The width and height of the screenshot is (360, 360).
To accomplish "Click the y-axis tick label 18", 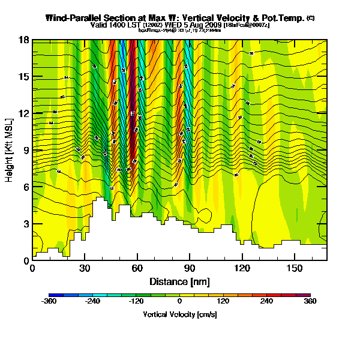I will pyautogui.click(x=24, y=40).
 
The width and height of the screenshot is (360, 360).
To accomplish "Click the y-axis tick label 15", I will pyautogui.click(x=24, y=77).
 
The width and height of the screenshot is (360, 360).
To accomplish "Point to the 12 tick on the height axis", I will pyautogui.click(x=24, y=113).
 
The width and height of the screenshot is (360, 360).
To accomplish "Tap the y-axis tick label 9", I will pyautogui.click(x=26, y=151).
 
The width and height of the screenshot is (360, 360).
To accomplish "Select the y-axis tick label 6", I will pyautogui.click(x=26, y=187).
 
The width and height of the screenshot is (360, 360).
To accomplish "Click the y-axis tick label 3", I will pyautogui.click(x=26, y=224).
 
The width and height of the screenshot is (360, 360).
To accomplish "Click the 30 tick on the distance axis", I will pyautogui.click(x=85, y=268).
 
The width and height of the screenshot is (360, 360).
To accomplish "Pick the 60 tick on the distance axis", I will pyautogui.click(x=137, y=268).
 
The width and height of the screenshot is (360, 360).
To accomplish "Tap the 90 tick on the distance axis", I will pyautogui.click(x=190, y=268).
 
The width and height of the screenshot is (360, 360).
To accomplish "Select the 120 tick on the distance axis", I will pyautogui.click(x=242, y=268).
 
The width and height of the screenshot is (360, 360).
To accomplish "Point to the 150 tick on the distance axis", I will pyautogui.click(x=295, y=268).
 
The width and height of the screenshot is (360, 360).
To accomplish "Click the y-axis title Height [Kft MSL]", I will pyautogui.click(x=10, y=150).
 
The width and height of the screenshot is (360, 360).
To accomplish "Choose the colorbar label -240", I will pyautogui.click(x=92, y=301).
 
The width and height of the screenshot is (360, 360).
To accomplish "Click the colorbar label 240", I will pyautogui.click(x=267, y=301).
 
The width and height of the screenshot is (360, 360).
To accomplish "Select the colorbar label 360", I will pyautogui.click(x=310, y=301).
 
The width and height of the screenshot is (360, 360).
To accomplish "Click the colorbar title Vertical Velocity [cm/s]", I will pyautogui.click(x=179, y=314).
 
